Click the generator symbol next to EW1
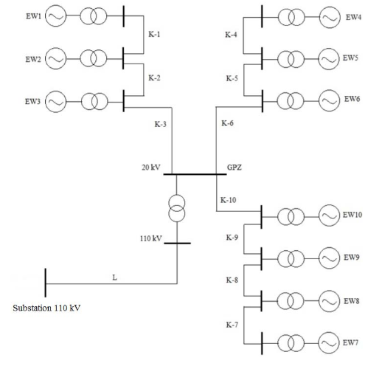point(55,15)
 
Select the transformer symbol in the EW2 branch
point(92,57)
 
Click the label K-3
point(160,124)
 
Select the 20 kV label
point(151,168)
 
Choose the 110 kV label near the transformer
point(150,238)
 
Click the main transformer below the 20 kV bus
point(177,209)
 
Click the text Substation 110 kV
point(46,306)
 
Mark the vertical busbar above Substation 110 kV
point(46,282)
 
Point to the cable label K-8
point(232,280)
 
